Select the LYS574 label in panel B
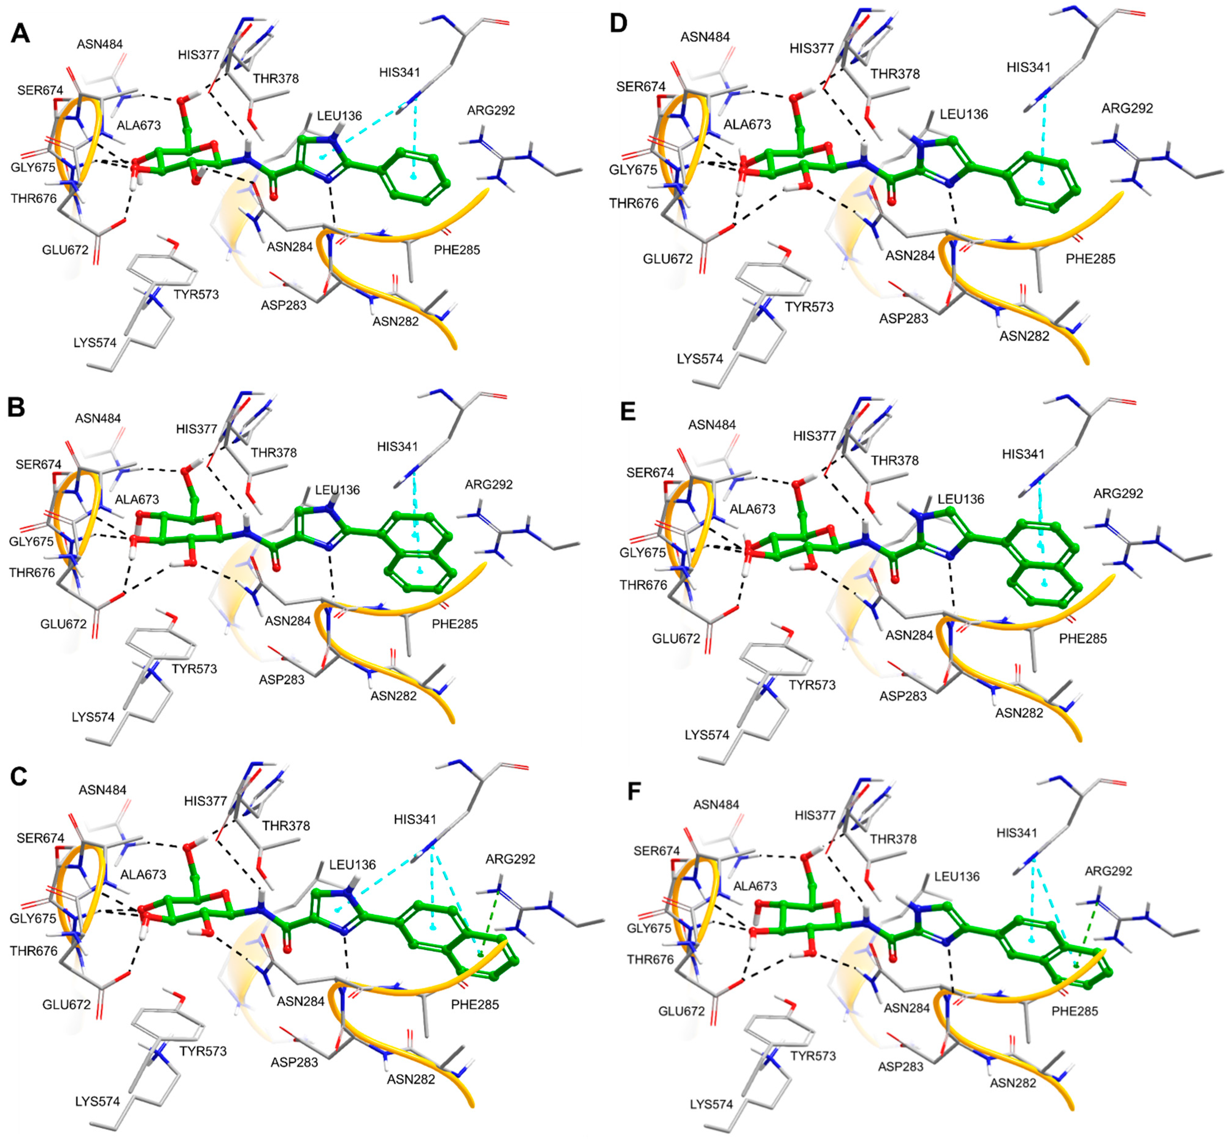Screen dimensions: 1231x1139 93,717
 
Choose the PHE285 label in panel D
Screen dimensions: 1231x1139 1090,259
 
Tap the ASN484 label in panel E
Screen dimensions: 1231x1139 712,425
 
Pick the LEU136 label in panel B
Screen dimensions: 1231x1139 337,490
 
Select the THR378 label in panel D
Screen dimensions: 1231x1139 895,74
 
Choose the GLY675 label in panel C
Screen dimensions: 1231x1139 33,918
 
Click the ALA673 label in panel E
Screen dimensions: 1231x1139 753,509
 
